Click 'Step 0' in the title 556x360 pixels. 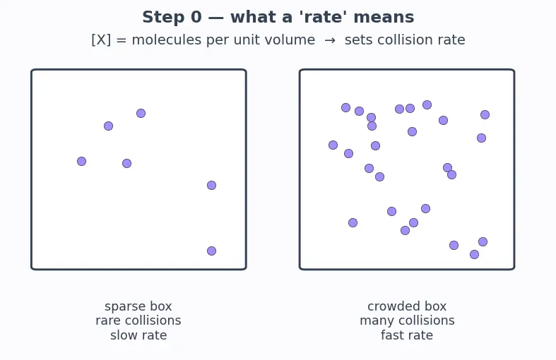tap(172, 17)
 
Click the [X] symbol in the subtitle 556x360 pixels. tap(101, 40)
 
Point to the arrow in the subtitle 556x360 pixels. tap(330, 40)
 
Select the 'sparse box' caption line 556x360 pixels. tap(138, 306)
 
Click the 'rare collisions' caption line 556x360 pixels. tap(138, 320)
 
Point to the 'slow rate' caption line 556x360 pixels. tap(138, 335)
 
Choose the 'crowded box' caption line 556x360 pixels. tap(407, 306)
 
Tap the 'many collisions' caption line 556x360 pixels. tap(407, 320)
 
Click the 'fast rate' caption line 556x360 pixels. tap(407, 335)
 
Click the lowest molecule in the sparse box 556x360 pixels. tap(212, 251)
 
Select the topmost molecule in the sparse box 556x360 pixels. tap(141, 113)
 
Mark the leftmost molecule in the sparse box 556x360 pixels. tap(81, 161)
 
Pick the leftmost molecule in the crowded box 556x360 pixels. tap(333, 145)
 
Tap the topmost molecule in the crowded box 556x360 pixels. tap(427, 105)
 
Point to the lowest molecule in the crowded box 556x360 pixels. tap(474, 254)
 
